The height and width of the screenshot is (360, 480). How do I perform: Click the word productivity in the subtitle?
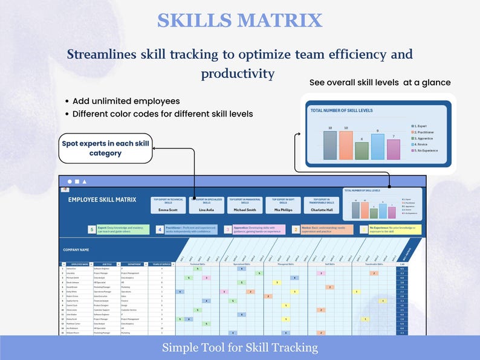click(x=238, y=73)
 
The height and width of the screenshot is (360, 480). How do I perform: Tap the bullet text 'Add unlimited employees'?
click(x=126, y=101)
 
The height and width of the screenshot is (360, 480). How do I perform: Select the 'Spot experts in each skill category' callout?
click(x=106, y=148)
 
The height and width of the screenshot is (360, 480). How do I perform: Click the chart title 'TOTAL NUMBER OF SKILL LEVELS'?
click(x=342, y=111)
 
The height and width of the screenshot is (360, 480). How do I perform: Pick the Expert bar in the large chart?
click(x=330, y=145)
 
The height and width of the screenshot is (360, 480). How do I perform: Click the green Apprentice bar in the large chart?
click(x=362, y=150)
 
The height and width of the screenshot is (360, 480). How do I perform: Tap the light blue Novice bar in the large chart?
click(x=378, y=147)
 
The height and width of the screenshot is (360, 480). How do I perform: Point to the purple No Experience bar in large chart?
click(x=394, y=149)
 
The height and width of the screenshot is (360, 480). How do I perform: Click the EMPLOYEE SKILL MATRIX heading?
click(x=102, y=199)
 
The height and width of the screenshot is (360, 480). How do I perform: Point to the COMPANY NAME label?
click(x=76, y=249)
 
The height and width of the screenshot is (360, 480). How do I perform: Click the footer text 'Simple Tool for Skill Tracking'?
click(x=239, y=348)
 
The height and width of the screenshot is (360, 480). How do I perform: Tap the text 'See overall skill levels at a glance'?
click(x=380, y=83)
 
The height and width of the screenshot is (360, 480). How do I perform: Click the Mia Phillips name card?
click(x=282, y=205)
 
